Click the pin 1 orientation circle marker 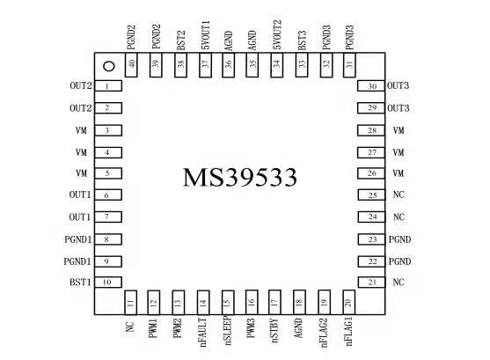pos(109,66)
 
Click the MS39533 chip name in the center pos(239,177)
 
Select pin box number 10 pos(108,283)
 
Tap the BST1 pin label pos(80,283)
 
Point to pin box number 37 pos(205,65)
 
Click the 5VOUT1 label pos(205,35)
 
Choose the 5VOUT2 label pos(277,34)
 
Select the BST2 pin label pos(181,40)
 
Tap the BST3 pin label pos(302,40)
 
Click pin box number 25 pos(371,195)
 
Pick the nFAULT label pos(203,333)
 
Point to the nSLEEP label pos(228,331)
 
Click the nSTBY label pos(274,330)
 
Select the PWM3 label pos(251,328)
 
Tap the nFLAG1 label pos(348,331)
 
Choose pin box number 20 pos(348,302)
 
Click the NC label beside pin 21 pos(399,283)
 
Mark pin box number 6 pos(108,195)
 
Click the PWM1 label pos(153,328)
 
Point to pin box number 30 pos(371,86)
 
